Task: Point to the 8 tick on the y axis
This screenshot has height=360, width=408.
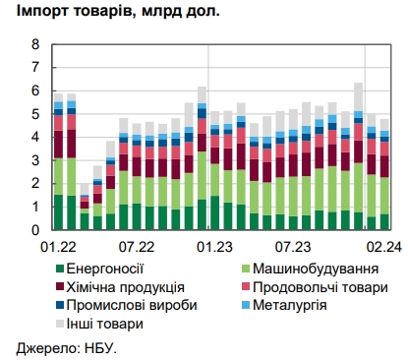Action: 35,45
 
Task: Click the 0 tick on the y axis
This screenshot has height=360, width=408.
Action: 35,230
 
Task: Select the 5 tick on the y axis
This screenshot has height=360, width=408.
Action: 35,114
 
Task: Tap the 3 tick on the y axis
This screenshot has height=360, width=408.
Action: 35,160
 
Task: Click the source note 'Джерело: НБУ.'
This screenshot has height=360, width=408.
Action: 67,347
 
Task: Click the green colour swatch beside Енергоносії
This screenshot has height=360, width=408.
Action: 61,269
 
